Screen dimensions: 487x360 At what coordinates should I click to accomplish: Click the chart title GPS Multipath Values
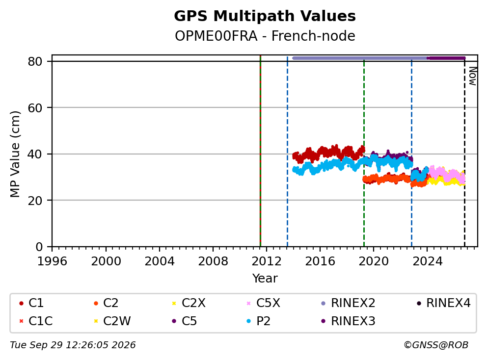pos(265,16)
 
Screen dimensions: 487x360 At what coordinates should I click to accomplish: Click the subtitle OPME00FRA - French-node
pos(265,36)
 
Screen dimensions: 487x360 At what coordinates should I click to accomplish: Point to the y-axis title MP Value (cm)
pos(15,154)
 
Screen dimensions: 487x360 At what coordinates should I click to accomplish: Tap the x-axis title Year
pos(265,279)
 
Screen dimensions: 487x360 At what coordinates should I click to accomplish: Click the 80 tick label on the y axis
pos(35,61)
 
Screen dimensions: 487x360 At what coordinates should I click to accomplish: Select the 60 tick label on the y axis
pos(35,108)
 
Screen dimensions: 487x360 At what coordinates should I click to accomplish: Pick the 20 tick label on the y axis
pos(35,201)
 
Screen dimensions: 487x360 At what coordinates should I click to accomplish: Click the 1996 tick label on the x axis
pos(52,261)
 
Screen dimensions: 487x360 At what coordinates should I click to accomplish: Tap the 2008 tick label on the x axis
pos(213,261)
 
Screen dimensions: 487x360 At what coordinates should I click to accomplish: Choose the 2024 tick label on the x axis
pos(427,261)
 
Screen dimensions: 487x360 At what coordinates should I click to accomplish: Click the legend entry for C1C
pos(36,321)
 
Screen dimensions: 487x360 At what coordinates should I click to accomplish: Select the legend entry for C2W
pos(112,321)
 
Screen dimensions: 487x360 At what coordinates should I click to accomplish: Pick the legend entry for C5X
pos(263,303)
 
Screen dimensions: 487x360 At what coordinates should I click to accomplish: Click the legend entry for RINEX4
pos(443,303)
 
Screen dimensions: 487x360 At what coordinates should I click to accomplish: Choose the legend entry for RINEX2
pos(348,303)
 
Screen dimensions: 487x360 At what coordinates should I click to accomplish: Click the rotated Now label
pos(473,77)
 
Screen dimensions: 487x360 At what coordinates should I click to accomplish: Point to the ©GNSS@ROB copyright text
pos(436,345)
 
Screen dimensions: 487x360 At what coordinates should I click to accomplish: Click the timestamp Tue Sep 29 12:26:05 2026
pos(73,345)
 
